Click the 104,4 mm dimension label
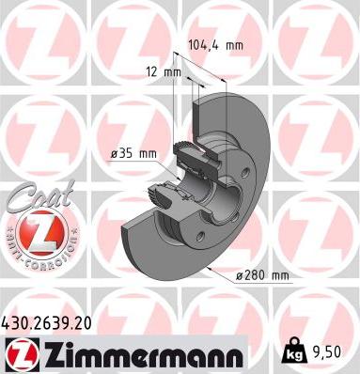[x=216, y=45]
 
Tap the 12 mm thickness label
[x=164, y=72]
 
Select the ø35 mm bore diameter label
[x=133, y=154]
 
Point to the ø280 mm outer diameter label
[x=262, y=275]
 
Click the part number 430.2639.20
[x=47, y=323]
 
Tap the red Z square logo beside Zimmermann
[x=23, y=354]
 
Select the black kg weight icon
[x=295, y=351]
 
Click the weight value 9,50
[x=326, y=352]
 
